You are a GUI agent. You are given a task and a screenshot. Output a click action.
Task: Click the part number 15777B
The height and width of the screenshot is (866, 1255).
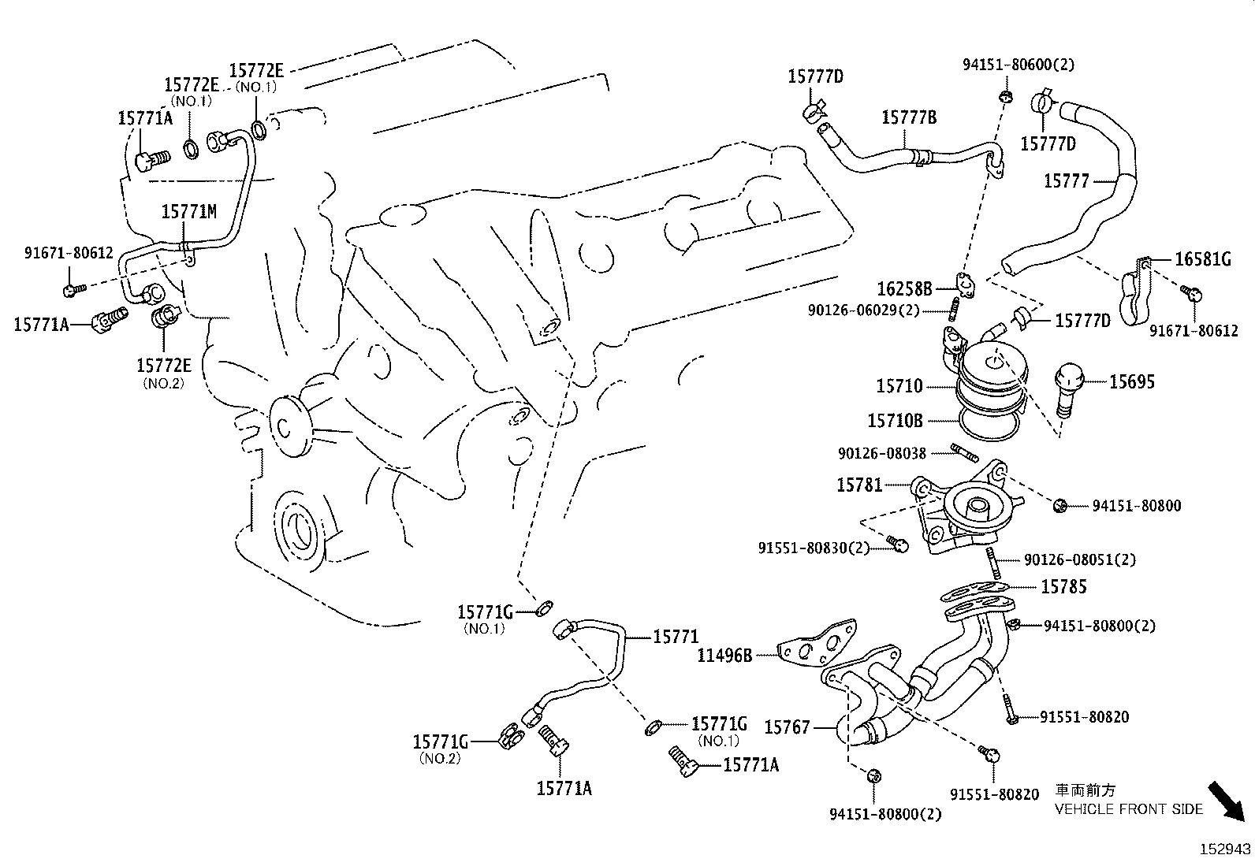[909, 117]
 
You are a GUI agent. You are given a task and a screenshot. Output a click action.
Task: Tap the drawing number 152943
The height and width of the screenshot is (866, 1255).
[1225, 849]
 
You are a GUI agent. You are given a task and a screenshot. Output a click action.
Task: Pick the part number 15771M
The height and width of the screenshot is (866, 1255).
[188, 211]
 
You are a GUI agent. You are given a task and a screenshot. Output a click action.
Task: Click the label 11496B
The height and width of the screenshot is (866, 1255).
[724, 654]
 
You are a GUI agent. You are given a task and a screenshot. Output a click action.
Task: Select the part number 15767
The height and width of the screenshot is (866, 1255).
[787, 727]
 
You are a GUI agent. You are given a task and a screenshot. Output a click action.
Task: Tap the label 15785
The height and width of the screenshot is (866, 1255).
[1063, 586]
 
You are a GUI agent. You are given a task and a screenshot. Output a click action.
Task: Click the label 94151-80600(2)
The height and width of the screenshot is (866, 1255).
[1018, 65]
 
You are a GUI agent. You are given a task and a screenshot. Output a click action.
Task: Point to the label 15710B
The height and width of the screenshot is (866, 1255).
[895, 421]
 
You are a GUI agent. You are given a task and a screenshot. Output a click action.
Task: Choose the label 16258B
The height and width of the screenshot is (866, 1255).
[905, 289]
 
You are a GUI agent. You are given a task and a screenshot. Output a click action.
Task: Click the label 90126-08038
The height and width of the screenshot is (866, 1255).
[881, 453]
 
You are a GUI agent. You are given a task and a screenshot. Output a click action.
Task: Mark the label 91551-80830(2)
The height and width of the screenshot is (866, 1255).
[814, 547]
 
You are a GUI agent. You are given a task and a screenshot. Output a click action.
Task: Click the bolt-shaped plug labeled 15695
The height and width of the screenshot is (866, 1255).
[1067, 388]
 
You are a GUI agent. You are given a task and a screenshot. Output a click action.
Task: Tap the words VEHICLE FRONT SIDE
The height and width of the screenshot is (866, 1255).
[1129, 809]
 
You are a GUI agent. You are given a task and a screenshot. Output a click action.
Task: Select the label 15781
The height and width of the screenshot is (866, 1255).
[859, 485]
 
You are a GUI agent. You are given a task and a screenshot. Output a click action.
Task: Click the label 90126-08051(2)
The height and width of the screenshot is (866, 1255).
[1080, 559]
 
